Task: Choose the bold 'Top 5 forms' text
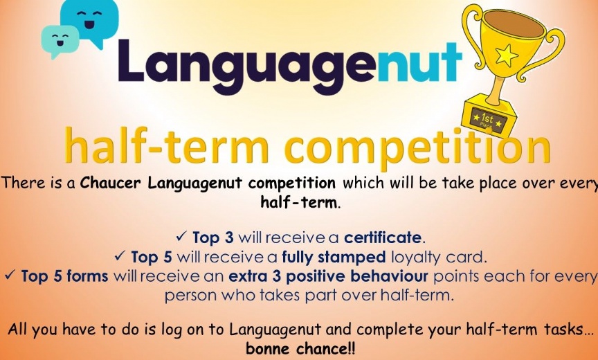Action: point(64,276)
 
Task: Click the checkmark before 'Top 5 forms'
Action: point(10,276)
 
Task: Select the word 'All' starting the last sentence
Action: point(19,330)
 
